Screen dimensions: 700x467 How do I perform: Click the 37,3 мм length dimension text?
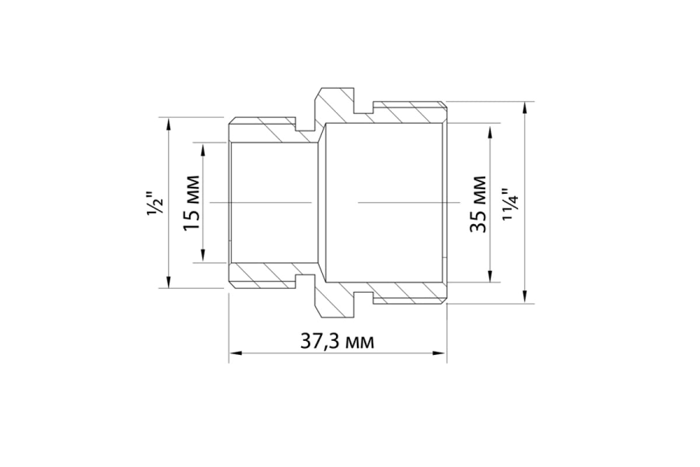point(337,342)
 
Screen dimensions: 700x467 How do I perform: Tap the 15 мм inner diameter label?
point(191,203)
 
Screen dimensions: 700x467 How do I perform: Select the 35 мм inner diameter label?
point(478,204)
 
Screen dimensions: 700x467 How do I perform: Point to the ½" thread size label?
point(155,203)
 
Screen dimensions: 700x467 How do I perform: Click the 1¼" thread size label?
point(510,204)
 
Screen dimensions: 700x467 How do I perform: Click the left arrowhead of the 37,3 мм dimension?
point(236,353)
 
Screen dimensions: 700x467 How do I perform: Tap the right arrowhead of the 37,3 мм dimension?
point(439,353)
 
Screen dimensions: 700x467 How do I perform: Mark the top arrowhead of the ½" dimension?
point(169,124)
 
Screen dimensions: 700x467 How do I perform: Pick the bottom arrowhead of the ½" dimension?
point(169,281)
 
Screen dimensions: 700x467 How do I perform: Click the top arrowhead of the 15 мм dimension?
point(203,149)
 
